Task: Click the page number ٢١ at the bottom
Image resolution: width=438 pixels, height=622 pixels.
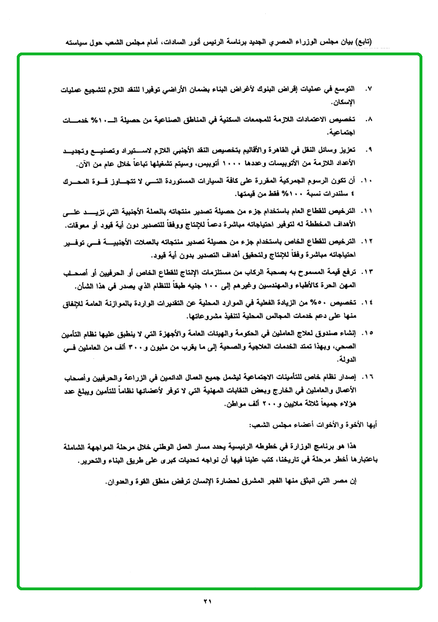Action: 208,602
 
